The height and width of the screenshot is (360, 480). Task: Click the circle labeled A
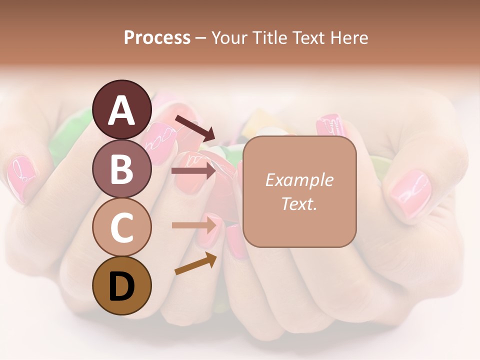point(121,109)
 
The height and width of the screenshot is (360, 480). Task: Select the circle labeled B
point(121,168)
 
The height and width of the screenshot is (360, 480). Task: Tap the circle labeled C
point(121,227)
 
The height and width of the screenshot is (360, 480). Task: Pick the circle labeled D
point(121,285)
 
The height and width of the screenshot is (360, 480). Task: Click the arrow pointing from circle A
point(195,128)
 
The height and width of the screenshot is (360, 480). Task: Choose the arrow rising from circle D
point(195,263)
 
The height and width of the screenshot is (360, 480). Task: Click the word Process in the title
point(157,38)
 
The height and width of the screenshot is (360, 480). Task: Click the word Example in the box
point(299,180)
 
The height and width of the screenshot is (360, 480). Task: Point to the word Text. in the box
point(299,203)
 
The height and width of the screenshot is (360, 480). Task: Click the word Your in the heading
point(228,38)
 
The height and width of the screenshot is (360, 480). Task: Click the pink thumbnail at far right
point(410,193)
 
